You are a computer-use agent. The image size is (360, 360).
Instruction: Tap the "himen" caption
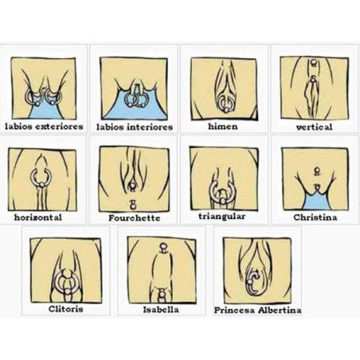222,126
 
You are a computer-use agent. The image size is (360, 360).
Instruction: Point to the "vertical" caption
314,126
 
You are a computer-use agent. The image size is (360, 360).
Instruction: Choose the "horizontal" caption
38,217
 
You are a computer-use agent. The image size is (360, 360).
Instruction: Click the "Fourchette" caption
134,217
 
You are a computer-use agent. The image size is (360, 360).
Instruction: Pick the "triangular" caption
223,216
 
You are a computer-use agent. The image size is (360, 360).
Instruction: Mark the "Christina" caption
315,217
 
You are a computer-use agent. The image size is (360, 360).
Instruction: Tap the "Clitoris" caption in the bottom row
66,307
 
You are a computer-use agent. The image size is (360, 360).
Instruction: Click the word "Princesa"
237,309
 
